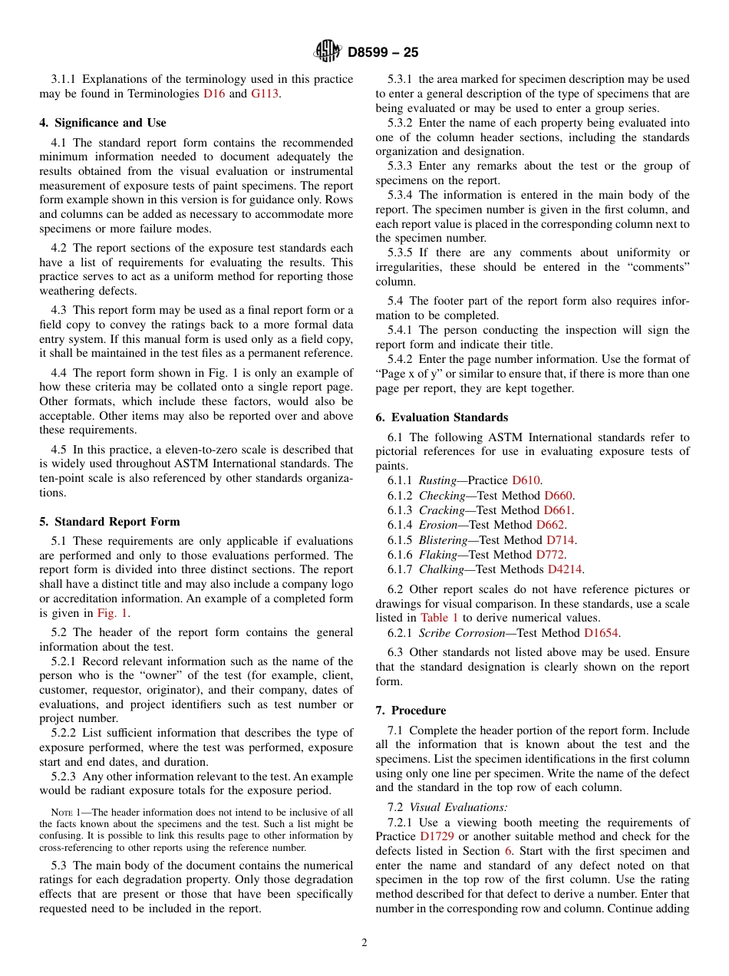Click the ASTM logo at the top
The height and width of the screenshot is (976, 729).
pos(328,51)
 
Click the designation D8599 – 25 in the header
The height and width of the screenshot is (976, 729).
pos(383,52)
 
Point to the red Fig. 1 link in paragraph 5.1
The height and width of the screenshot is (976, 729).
pos(112,613)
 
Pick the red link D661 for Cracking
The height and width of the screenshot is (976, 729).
pos(558,510)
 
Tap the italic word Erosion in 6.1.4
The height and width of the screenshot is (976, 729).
pos(439,525)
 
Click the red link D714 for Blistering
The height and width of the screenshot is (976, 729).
pos(560,539)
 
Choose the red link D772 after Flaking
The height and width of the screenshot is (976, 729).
pos(550,554)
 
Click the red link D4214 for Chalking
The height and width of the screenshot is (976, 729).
pos(565,569)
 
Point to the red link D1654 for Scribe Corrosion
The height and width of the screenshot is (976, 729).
pos(601,633)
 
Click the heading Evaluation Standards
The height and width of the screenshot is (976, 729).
pos(449,417)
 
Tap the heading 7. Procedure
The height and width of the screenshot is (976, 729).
pos(411,711)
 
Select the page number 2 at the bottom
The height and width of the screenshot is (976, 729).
pos(364,943)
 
